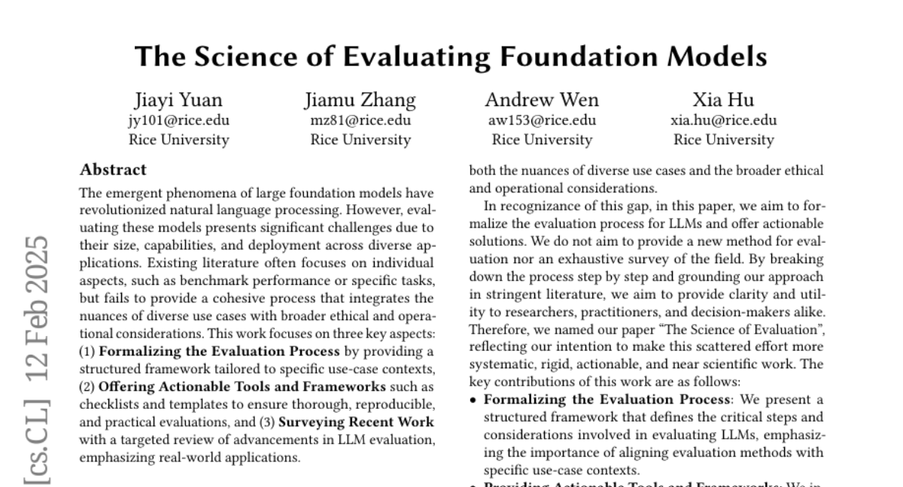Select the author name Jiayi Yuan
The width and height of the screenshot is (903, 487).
click(x=178, y=100)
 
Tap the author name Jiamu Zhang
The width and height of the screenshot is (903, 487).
click(x=360, y=100)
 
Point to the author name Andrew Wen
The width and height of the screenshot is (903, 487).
click(x=542, y=100)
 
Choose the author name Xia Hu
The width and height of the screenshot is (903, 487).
click(x=723, y=100)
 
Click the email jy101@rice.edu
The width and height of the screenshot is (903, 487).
click(x=178, y=120)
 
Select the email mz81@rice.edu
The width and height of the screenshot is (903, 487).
click(x=360, y=120)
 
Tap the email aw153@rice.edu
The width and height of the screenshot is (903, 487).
click(x=542, y=120)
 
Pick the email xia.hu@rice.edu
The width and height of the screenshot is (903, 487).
click(x=723, y=120)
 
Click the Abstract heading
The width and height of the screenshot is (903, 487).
click(x=113, y=170)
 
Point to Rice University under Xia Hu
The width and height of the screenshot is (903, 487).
click(x=723, y=140)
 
